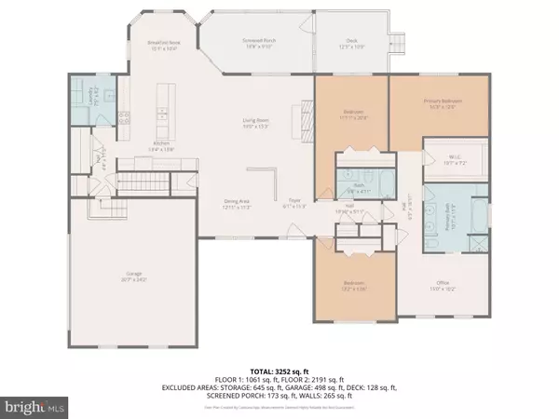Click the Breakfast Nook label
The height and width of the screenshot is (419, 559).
pos(161,44)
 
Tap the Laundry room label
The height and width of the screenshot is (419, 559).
pos(85,92)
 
